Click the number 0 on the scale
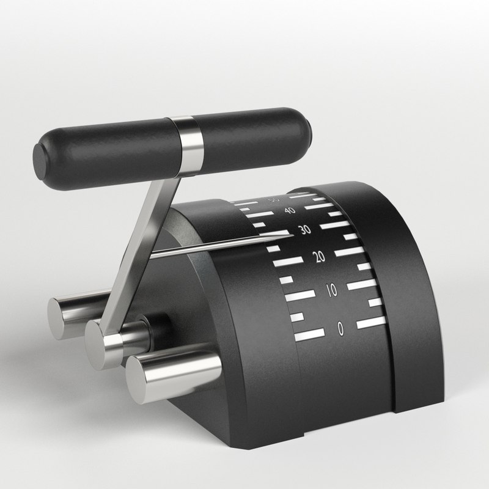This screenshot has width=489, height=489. pyautogui.click(x=340, y=329)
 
